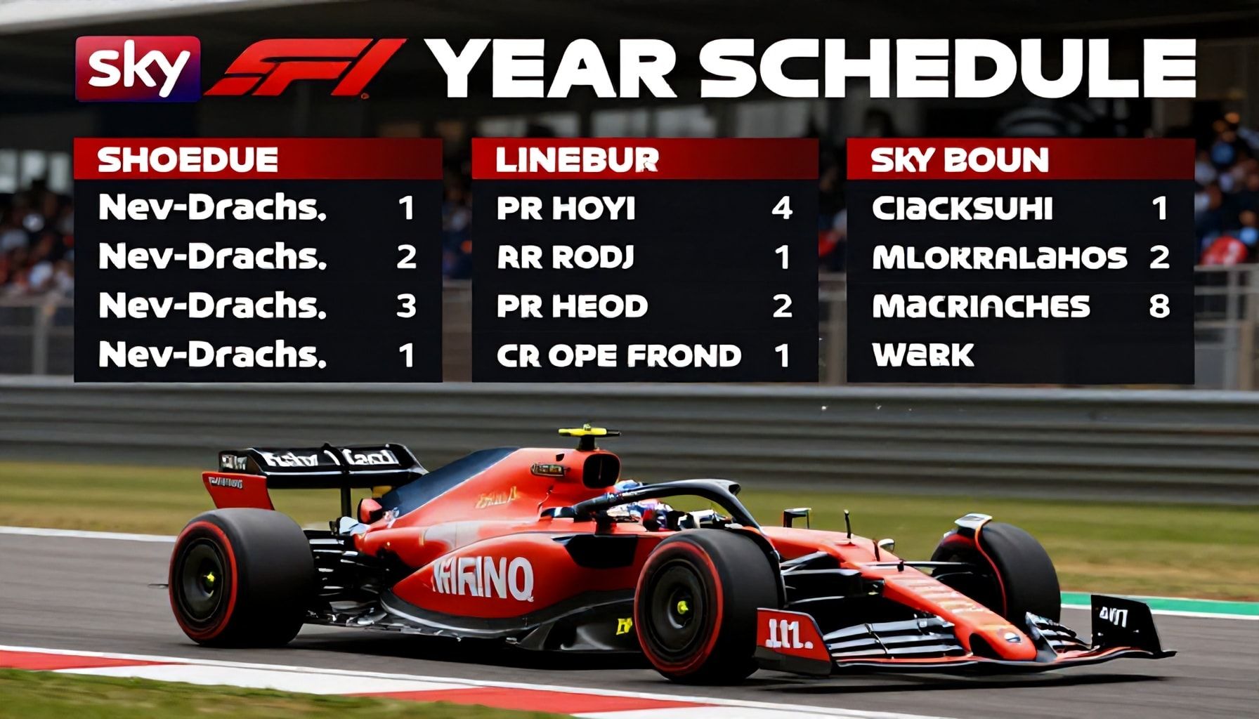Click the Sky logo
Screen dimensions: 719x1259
click(138, 69)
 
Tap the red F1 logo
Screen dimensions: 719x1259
click(304, 67)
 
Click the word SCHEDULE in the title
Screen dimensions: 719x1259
click(948, 69)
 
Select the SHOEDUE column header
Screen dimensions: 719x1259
click(188, 159)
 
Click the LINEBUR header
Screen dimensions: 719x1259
click(577, 159)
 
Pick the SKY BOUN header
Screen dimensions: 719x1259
click(959, 159)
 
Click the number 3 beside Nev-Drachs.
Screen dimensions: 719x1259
click(406, 306)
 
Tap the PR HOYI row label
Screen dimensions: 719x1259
click(566, 209)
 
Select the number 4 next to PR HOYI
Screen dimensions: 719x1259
click(782, 209)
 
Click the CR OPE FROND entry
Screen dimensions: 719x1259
click(618, 355)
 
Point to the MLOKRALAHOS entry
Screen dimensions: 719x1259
click(999, 258)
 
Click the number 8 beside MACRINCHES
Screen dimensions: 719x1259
click(1159, 306)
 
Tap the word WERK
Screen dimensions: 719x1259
click(922, 355)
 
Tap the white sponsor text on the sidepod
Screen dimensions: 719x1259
click(483, 578)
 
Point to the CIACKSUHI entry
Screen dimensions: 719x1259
click(962, 209)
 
